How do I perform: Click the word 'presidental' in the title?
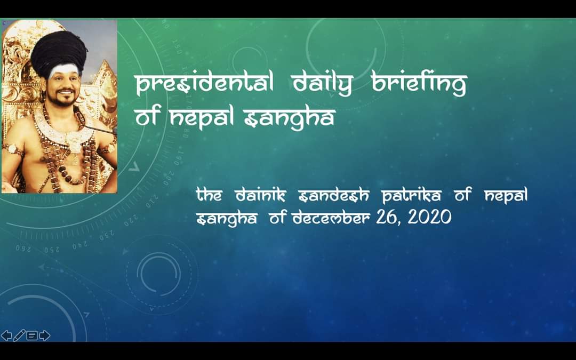(x=204, y=83)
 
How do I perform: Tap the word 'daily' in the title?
(x=323, y=84)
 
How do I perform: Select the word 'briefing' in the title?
(x=419, y=84)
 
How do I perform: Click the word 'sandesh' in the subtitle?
(x=334, y=195)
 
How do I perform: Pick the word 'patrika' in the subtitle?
(x=411, y=195)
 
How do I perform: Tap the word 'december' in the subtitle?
(x=331, y=217)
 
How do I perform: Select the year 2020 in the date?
(x=429, y=217)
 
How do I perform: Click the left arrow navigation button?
(x=6, y=335)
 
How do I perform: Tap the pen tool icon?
(x=19, y=335)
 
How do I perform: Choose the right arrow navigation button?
(x=44, y=335)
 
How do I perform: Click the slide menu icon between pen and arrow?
(x=32, y=335)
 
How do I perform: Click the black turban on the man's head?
(x=59, y=53)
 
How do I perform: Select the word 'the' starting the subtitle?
(x=209, y=195)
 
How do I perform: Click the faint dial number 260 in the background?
(x=23, y=249)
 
